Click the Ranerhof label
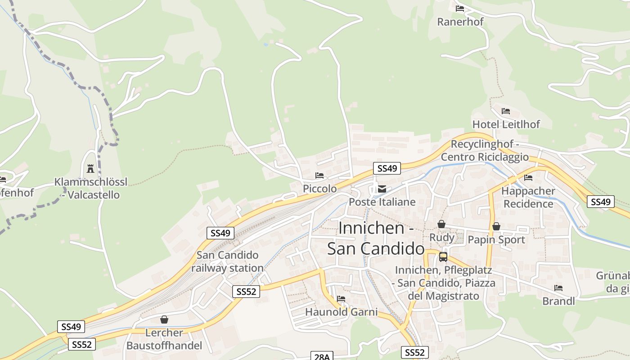460,22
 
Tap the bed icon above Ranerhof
459,9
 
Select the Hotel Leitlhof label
506,124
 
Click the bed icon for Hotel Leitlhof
506,111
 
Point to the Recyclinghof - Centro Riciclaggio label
485,151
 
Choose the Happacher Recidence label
528,198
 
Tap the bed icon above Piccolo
319,175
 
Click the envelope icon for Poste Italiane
382,189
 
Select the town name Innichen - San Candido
376,238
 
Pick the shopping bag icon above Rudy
441,224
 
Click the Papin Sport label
496,240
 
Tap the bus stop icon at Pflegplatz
443,257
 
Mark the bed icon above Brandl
558,288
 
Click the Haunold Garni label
341,312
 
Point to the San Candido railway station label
227,261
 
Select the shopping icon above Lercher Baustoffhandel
164,319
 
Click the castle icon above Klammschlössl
90,169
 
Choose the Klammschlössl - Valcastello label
91,189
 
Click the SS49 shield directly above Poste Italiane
387,168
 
